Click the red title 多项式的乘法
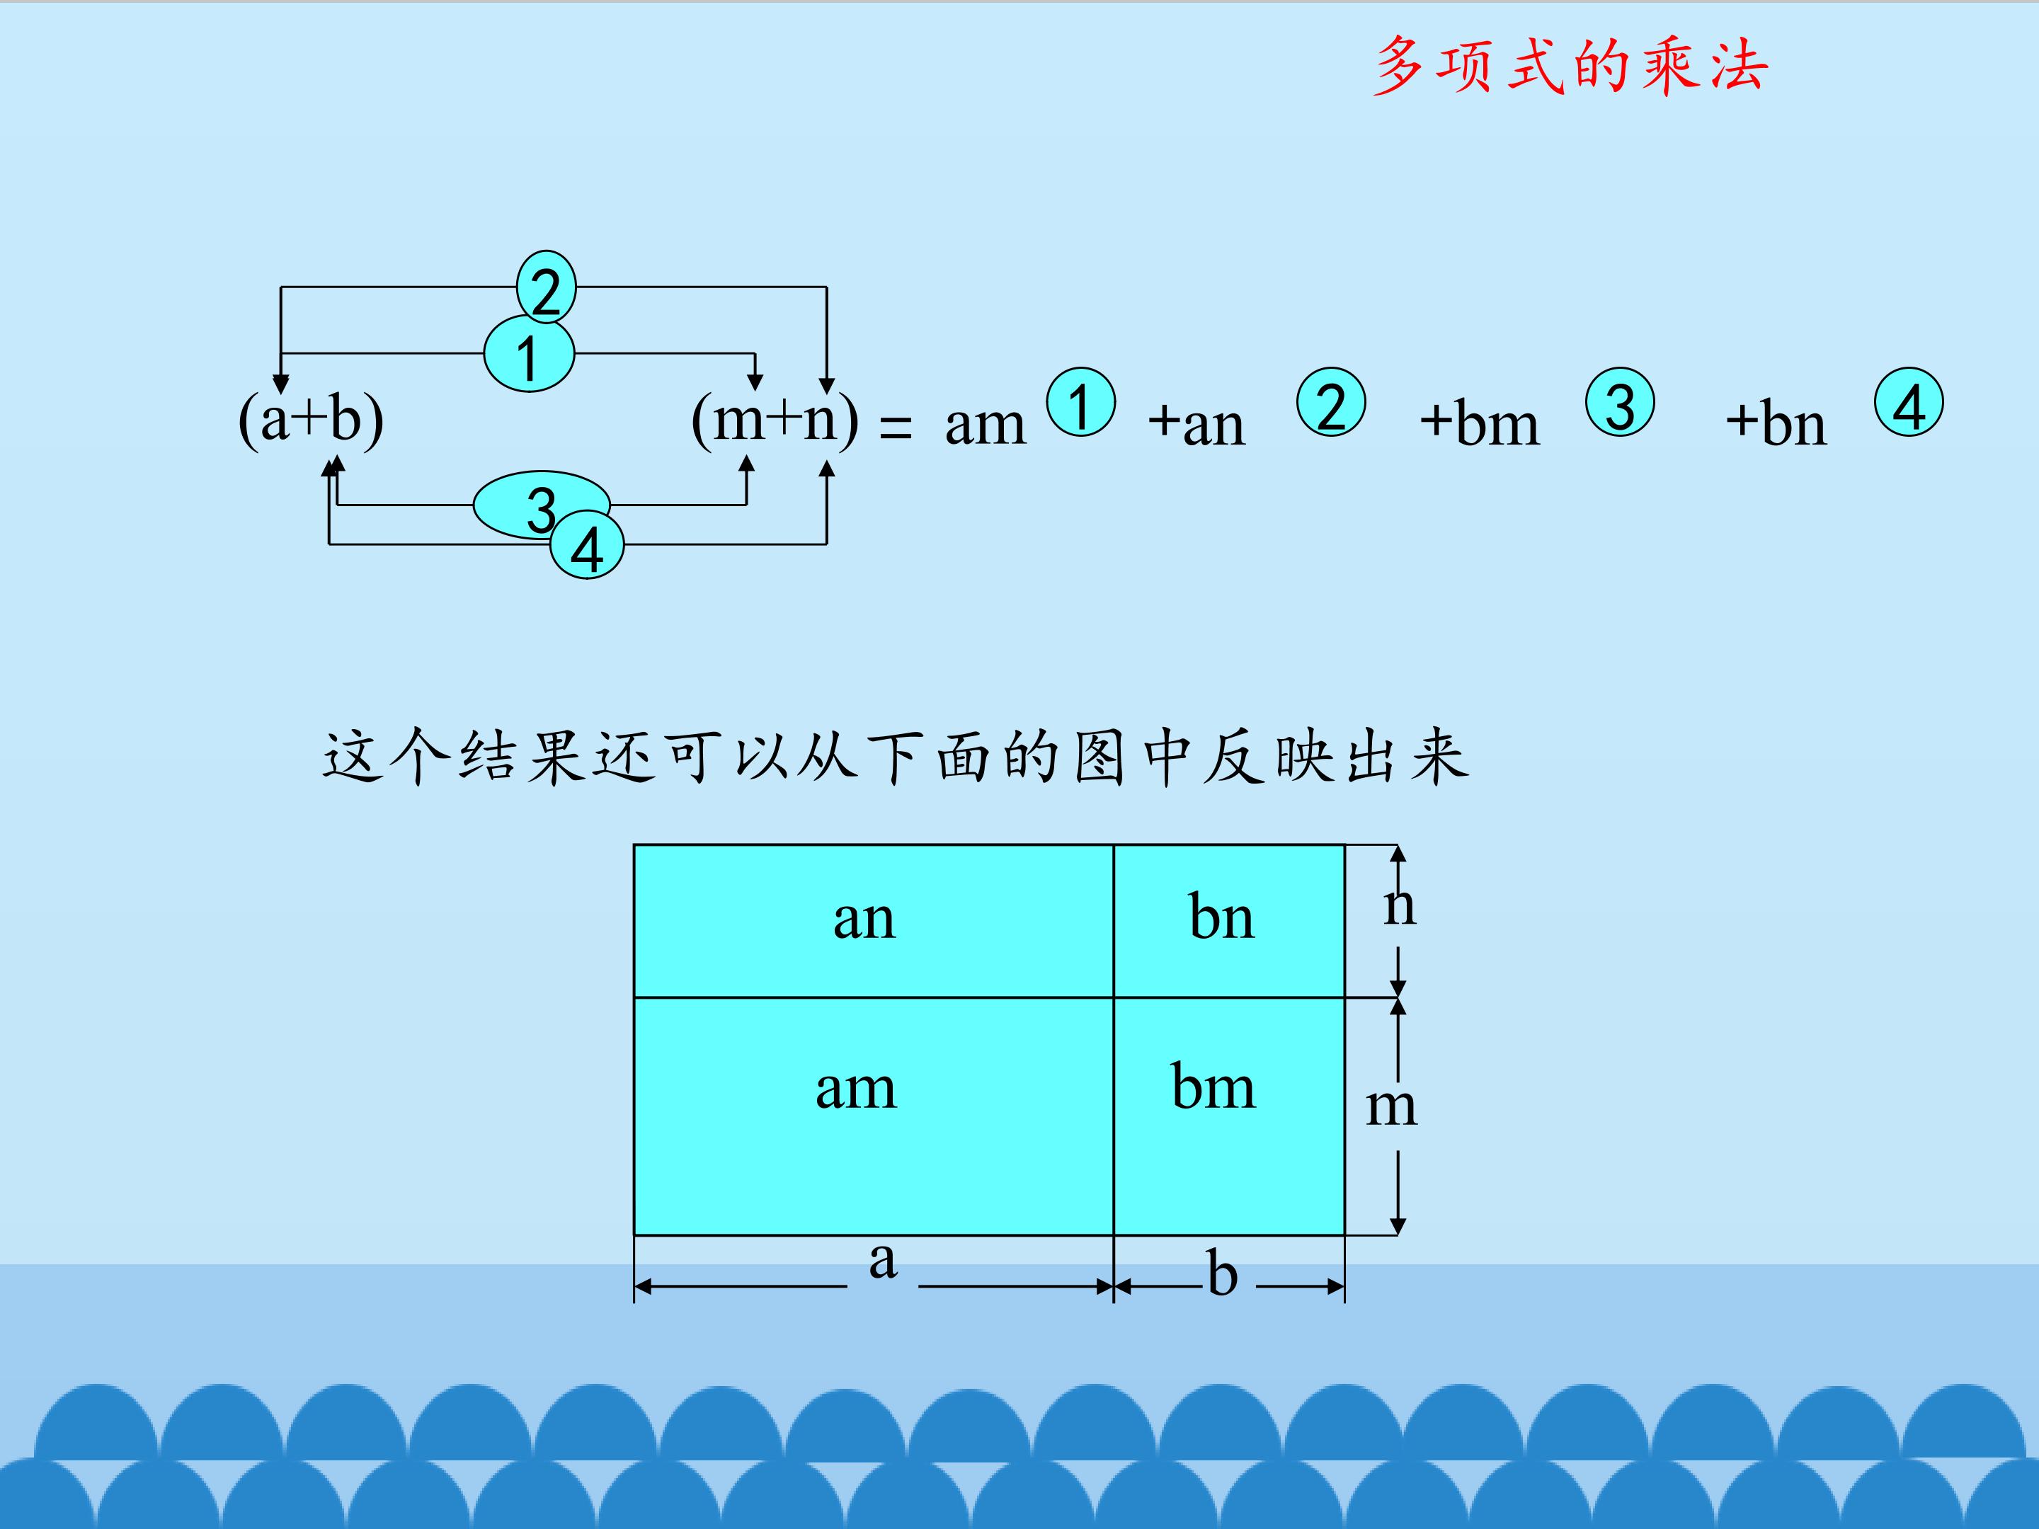coord(1570,67)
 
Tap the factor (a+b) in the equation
coord(311,420)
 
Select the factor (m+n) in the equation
coord(775,420)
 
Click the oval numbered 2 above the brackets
coord(547,287)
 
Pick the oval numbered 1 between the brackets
coord(529,354)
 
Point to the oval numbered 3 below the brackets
coord(541,505)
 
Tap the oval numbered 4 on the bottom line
coord(587,546)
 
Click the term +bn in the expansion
coord(1776,424)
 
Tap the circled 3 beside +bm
coord(1620,402)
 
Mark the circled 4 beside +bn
coord(1909,402)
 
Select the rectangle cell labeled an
coord(874,921)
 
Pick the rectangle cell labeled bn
coord(1230,921)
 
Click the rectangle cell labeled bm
coord(1230,1116)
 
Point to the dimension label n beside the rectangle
coord(1399,907)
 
